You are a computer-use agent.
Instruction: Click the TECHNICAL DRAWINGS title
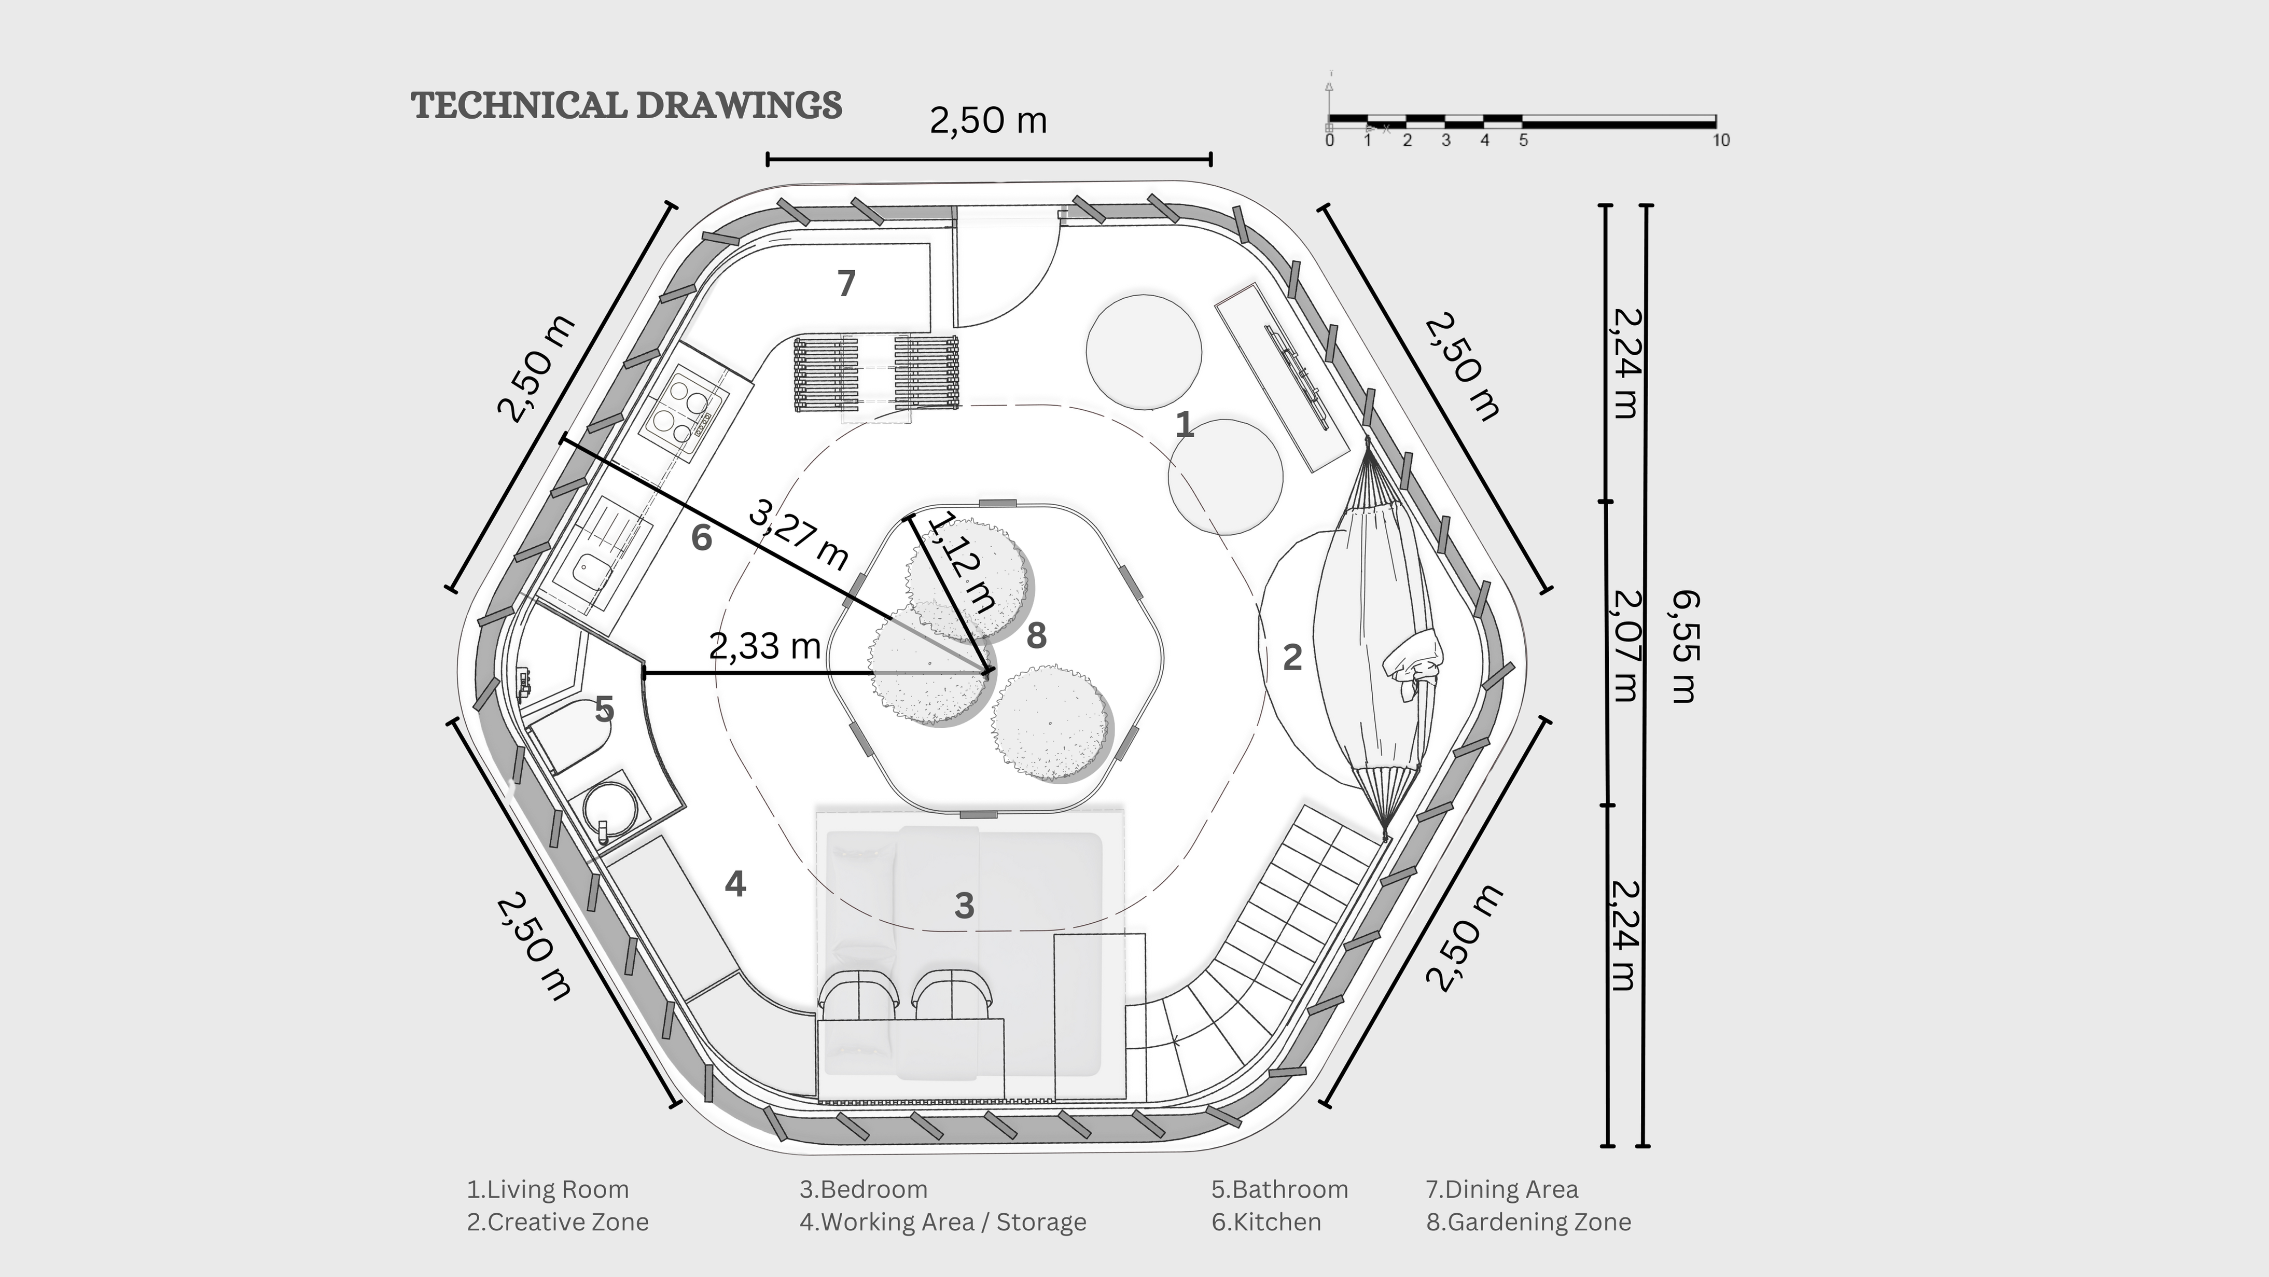tap(627, 105)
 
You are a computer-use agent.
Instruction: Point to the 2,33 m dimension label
tap(764, 646)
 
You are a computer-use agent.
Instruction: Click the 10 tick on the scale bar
tap(1720, 140)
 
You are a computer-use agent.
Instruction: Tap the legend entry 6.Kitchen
tap(1266, 1223)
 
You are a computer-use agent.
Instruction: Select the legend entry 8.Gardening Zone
tap(1528, 1223)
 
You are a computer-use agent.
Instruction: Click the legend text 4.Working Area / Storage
tap(942, 1223)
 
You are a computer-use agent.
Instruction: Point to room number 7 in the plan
tap(845, 284)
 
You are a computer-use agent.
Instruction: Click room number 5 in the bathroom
tap(604, 709)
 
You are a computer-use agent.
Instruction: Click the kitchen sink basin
tap(593, 573)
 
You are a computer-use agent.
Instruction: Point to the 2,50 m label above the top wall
tap(989, 121)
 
